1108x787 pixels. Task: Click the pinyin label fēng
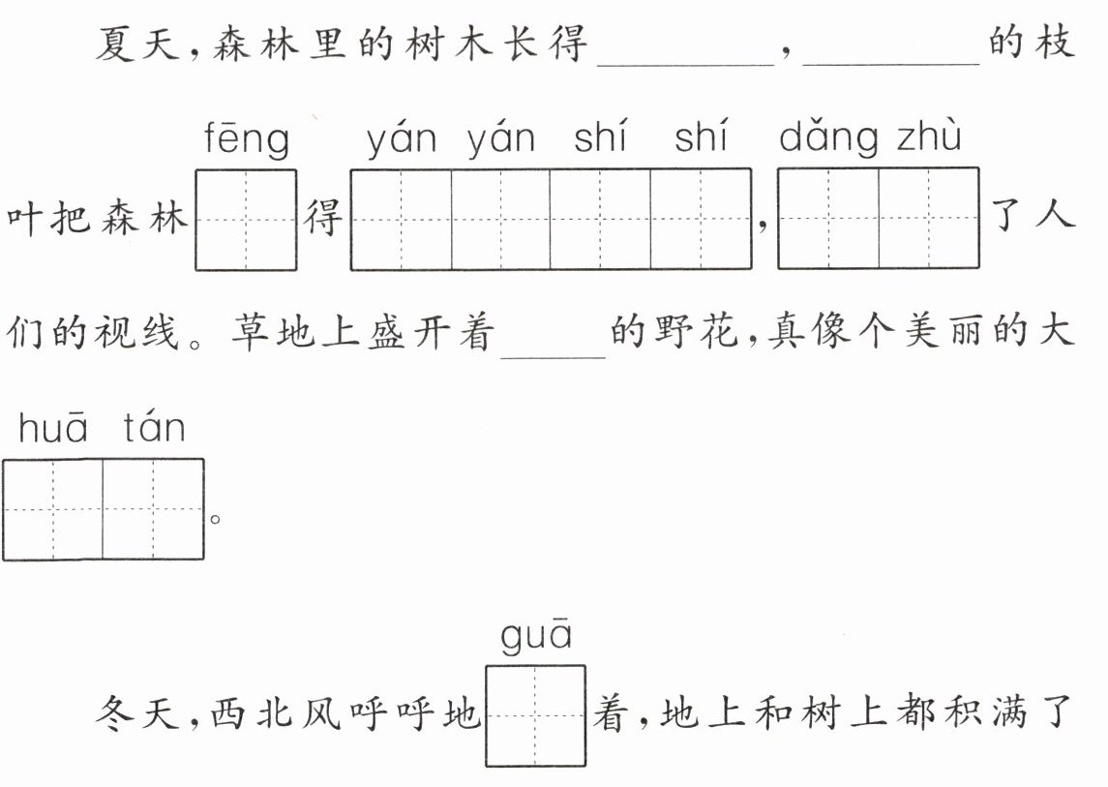pos(247,139)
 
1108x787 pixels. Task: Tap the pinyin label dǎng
pos(829,138)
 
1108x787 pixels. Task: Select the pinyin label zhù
pos(929,135)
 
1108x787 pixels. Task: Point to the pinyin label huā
pos(53,427)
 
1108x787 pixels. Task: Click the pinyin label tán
pos(154,427)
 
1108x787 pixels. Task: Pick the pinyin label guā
pos(536,635)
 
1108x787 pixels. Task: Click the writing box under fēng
pos(246,220)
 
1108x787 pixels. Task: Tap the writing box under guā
pos(536,715)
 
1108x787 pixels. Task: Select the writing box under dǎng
pos(828,219)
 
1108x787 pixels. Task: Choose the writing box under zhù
pos(929,219)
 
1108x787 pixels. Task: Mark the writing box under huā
pos(53,509)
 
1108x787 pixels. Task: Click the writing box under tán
pos(153,509)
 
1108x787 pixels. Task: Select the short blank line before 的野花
pos(554,358)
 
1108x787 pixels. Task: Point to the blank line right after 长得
pos(686,65)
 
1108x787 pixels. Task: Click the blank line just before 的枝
pos(891,65)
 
